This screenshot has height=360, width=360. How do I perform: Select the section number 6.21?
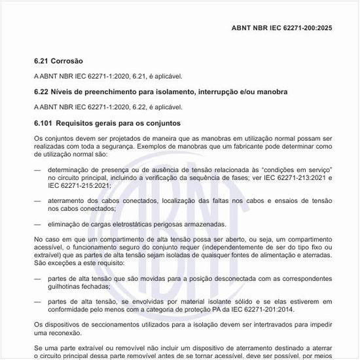coord(41,61)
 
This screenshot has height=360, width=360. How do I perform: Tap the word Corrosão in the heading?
coord(68,61)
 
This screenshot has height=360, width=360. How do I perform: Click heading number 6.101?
coord(43,122)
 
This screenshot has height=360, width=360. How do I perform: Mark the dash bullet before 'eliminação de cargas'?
coord(37,224)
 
